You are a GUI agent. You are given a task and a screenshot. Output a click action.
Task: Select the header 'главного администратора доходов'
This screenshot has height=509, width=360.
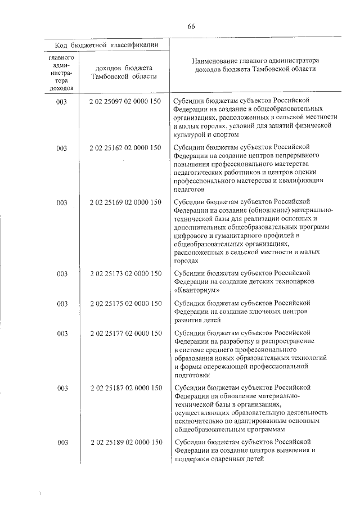(x=62, y=73)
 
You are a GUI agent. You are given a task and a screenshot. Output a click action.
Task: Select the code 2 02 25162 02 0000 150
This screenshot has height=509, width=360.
(x=125, y=148)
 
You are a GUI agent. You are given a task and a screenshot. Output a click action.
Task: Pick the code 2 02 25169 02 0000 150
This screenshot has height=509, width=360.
(x=125, y=202)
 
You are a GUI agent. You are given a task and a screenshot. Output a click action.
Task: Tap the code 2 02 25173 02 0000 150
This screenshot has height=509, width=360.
(x=125, y=274)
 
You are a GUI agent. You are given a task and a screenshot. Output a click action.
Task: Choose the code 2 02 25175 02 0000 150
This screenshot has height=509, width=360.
(x=125, y=304)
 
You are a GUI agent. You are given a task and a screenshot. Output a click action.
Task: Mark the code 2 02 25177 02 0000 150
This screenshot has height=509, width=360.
(x=125, y=334)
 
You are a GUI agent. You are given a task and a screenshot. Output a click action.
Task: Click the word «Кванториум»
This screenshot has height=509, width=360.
(x=197, y=290)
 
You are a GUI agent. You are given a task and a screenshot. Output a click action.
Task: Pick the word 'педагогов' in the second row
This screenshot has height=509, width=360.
(x=190, y=190)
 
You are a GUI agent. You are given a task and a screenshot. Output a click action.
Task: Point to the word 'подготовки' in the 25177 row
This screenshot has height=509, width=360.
(x=192, y=375)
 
